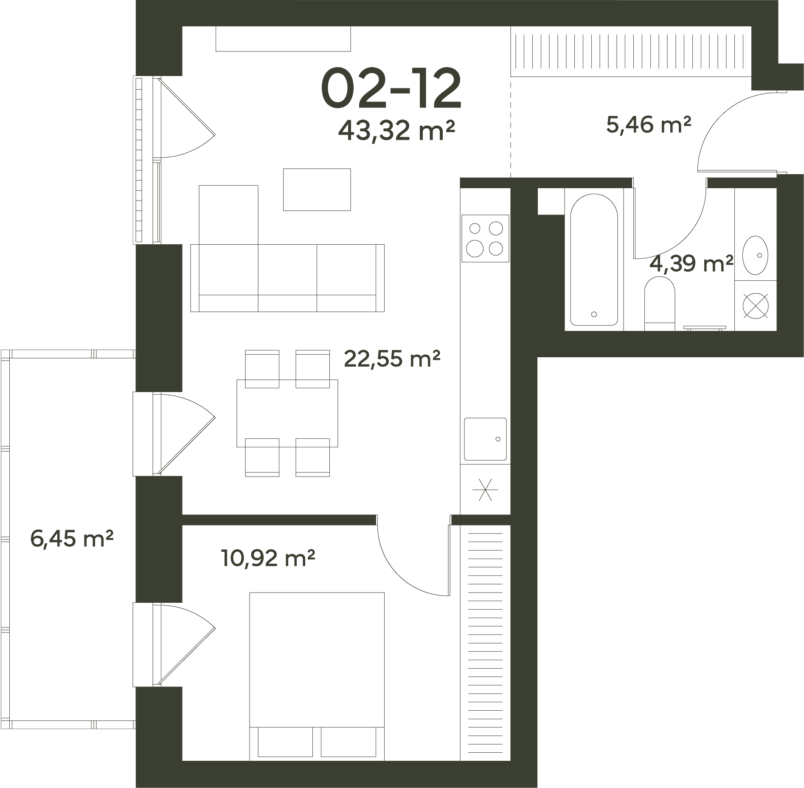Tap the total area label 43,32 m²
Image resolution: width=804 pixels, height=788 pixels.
tap(396, 130)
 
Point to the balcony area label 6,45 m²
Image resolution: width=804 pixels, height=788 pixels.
tap(72, 539)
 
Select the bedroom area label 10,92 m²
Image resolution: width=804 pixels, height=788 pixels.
tap(268, 558)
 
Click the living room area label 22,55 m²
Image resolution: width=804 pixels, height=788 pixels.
tap(392, 358)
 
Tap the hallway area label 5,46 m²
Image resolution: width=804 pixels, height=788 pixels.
tap(649, 124)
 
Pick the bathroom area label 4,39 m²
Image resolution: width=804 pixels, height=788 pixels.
tap(692, 263)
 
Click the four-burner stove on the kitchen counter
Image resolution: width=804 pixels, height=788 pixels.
tap(485, 238)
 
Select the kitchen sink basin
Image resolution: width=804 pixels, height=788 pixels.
tap(485, 439)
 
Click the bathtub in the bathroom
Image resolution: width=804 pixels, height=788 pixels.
tap(594, 260)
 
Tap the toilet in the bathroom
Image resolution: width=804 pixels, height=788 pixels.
tap(660, 303)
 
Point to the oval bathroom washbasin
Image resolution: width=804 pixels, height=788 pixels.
tap(755, 255)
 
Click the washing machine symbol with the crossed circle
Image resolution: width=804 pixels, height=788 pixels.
tap(756, 306)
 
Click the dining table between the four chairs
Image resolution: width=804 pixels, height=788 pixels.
tap(287, 413)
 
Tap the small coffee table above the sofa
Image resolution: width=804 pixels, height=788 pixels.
tap(317, 189)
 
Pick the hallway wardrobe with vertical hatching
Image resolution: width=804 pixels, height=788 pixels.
tap(631, 51)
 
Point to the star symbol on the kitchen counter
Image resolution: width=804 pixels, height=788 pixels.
tap(485, 489)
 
